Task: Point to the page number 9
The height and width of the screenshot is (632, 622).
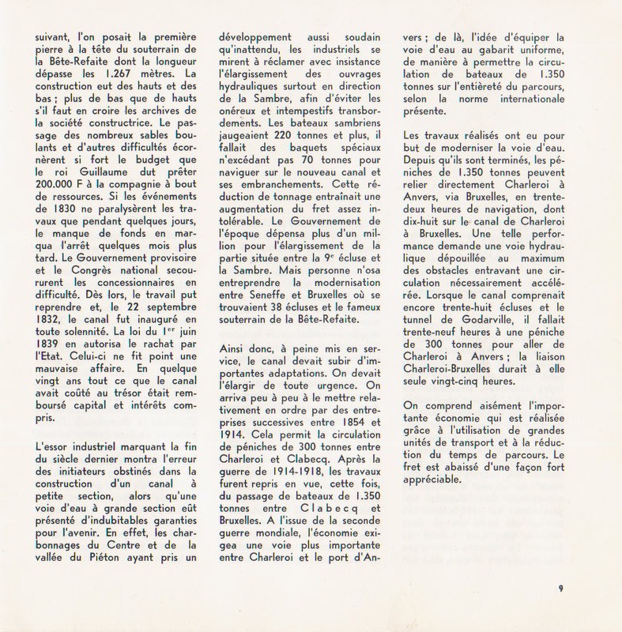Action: point(560,585)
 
